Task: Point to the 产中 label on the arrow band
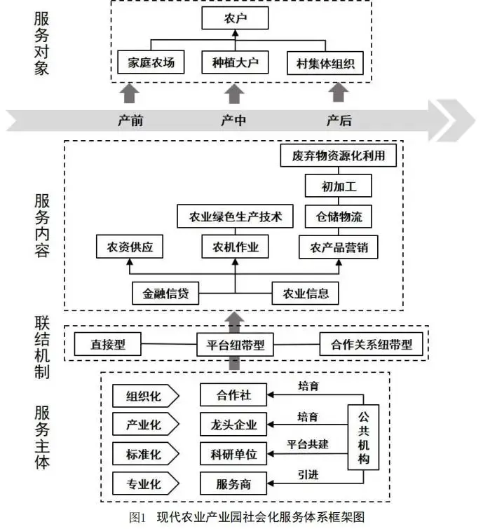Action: tap(233, 121)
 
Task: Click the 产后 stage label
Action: tap(339, 121)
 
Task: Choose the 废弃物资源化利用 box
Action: tap(339, 155)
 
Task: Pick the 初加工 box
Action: tap(338, 186)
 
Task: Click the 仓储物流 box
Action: tap(338, 216)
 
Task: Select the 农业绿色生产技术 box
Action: tap(235, 217)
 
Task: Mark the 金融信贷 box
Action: tap(165, 293)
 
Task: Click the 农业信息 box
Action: tap(306, 293)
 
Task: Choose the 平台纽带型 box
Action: tap(235, 344)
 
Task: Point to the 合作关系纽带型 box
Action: tap(372, 344)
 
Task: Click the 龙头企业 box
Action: tap(234, 425)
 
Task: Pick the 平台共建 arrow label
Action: tap(308, 444)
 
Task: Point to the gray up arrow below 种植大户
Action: tap(234, 93)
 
